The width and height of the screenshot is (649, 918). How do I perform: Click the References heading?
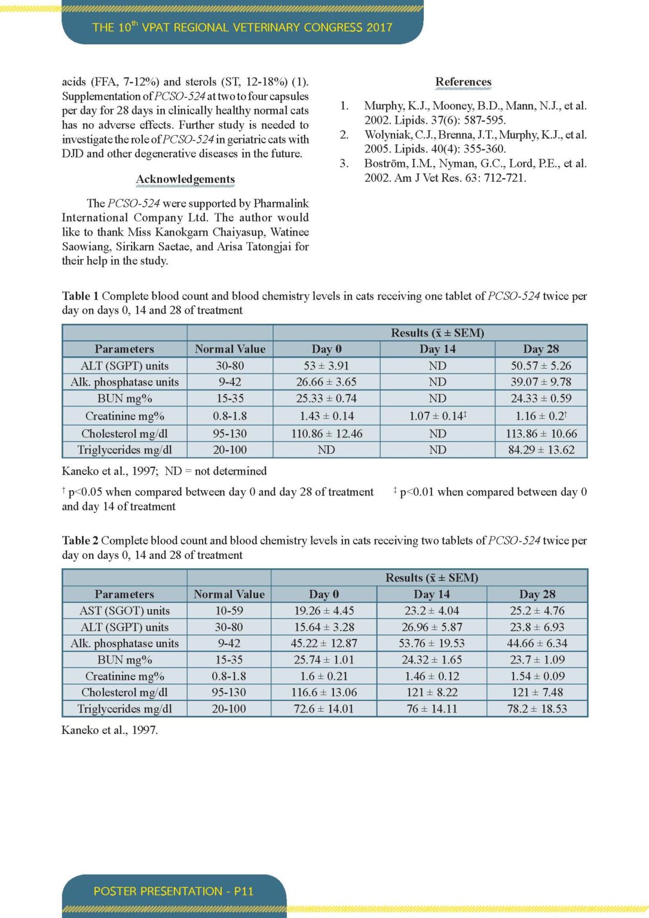[463, 82]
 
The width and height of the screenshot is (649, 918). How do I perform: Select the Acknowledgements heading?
[185, 179]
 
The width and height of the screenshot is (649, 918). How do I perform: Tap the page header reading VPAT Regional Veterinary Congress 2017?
[242, 27]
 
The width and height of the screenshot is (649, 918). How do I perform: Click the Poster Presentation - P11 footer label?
[173, 891]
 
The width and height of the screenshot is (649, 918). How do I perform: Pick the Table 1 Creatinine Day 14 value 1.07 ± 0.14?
[437, 416]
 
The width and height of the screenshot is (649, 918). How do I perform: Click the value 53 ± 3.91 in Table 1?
[326, 366]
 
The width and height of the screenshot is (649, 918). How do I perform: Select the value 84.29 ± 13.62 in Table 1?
[541, 450]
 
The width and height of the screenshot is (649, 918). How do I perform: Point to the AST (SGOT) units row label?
[124, 611]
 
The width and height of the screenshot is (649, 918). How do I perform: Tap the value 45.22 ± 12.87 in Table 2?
[324, 644]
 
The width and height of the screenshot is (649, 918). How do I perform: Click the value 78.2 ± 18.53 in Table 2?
[537, 709]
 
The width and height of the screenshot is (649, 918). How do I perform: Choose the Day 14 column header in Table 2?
[431, 595]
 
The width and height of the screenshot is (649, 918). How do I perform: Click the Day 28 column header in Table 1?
[541, 349]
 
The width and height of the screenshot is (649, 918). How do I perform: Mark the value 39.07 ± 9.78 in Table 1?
[541, 382]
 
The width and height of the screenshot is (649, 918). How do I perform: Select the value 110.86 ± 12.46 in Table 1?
[326, 434]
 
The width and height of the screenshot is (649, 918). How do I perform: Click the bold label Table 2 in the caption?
[80, 541]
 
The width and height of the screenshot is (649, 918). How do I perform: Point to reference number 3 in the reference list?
[344, 163]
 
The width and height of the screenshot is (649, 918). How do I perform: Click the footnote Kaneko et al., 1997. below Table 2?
[110, 730]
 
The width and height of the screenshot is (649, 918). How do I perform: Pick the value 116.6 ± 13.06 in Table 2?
[324, 693]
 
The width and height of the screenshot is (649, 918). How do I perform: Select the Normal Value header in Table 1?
[230, 349]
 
